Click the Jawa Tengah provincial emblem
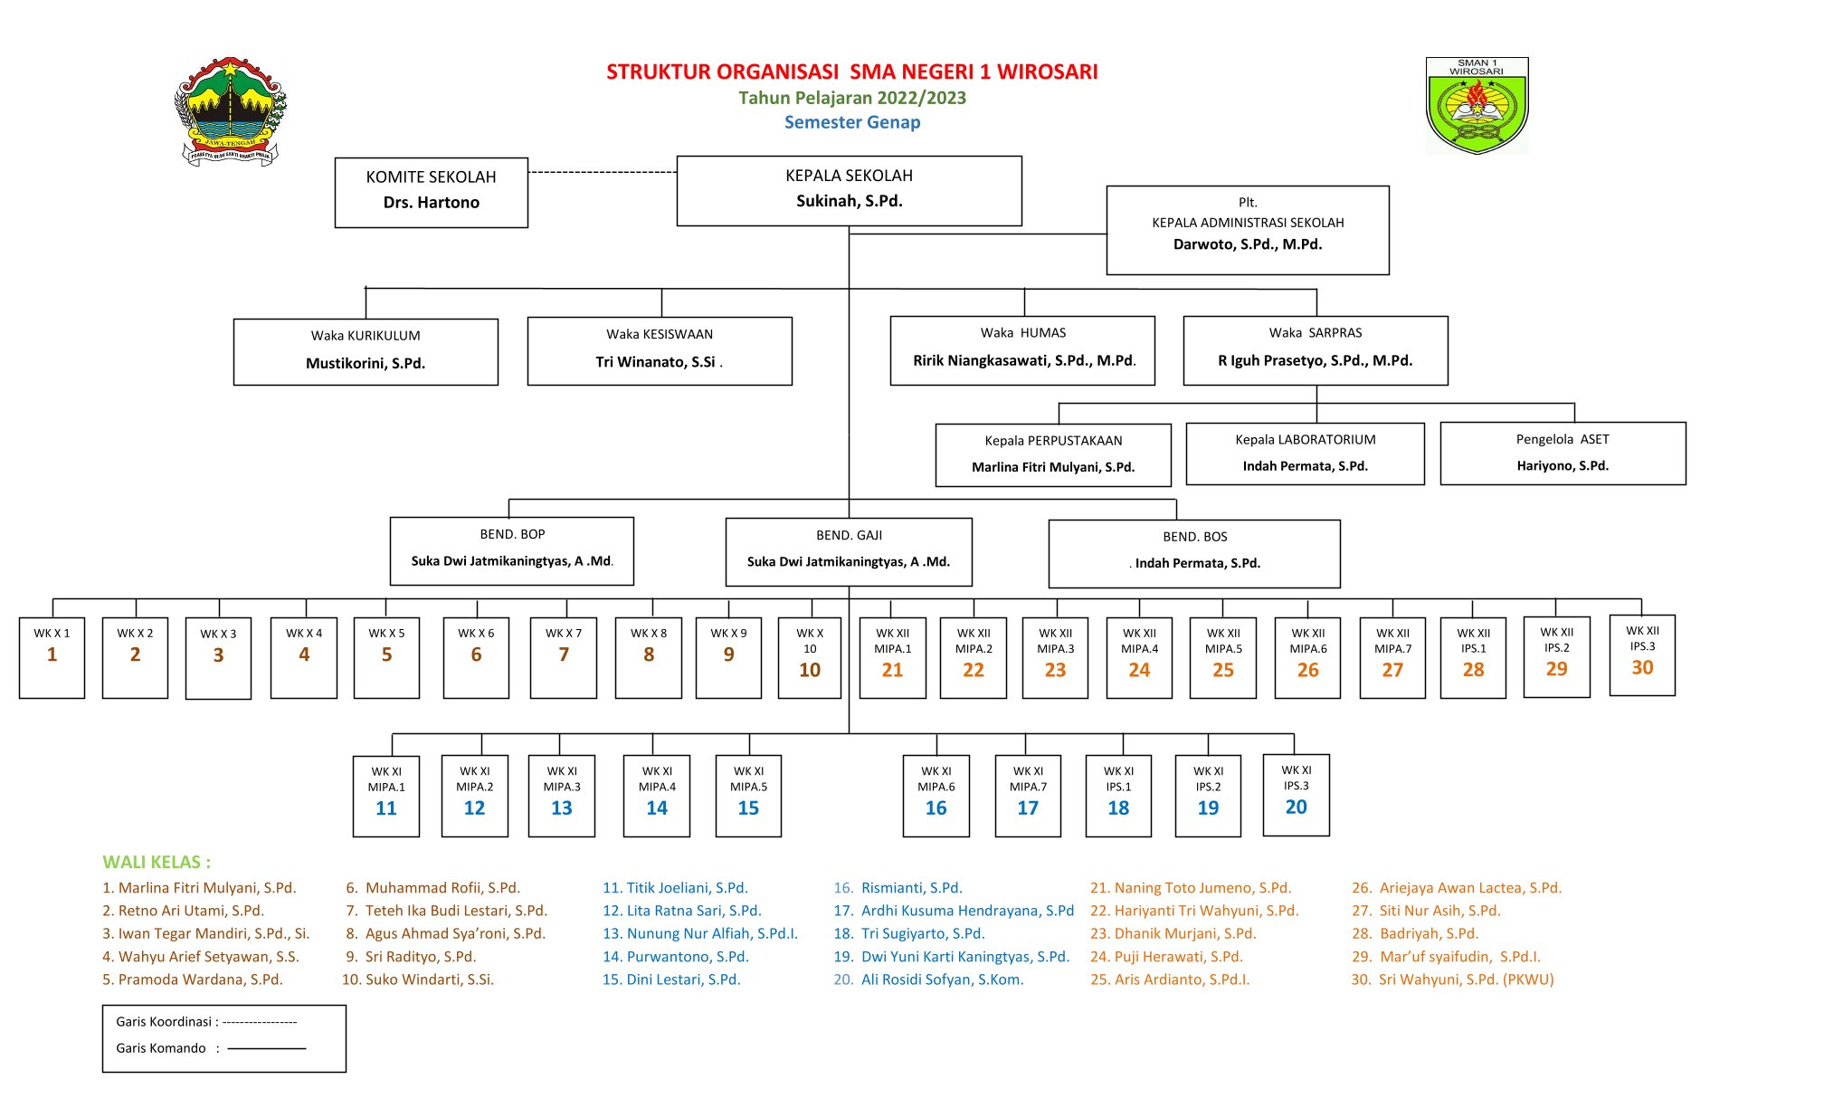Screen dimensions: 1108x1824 (x=230, y=111)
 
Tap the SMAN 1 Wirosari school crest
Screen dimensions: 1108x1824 (x=1477, y=106)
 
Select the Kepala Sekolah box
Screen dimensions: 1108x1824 (x=849, y=190)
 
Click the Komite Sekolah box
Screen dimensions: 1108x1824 (x=431, y=192)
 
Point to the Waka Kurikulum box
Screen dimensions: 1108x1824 (x=366, y=351)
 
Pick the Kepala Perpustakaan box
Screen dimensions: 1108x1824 (x=1053, y=454)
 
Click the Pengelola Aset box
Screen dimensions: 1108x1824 (x=1563, y=453)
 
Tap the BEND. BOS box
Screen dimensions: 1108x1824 (x=1194, y=552)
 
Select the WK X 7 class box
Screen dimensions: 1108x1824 (x=564, y=657)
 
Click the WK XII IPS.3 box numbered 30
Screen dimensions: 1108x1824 (x=1642, y=655)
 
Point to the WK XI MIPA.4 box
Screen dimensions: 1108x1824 (x=657, y=795)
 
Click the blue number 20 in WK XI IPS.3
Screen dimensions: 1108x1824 (x=1296, y=807)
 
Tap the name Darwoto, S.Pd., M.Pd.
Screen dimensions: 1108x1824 (x=1248, y=244)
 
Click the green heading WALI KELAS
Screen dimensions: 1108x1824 (x=157, y=862)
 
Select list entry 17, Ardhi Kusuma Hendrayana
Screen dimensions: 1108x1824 (x=955, y=911)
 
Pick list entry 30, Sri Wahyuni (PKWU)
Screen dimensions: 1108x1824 (x=1453, y=979)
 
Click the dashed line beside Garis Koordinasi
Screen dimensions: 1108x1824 (x=260, y=1022)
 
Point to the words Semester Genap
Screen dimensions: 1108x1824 (x=852, y=122)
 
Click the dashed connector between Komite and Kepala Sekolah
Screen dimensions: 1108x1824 (x=602, y=172)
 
